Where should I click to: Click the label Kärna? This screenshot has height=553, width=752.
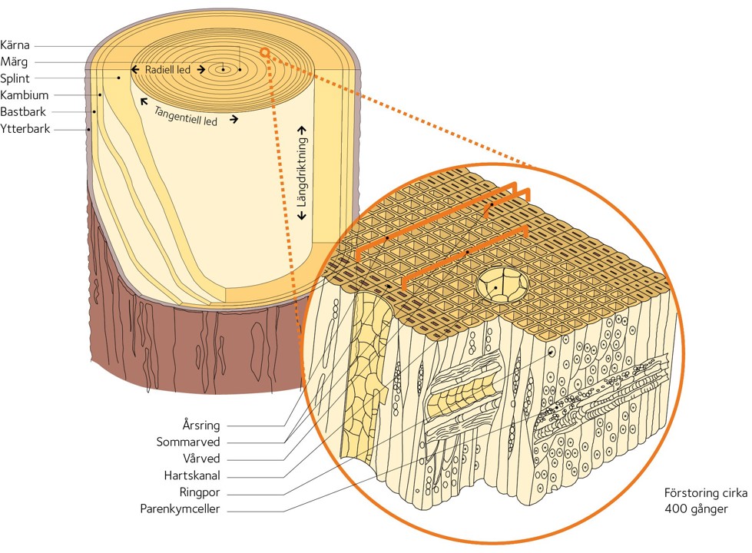pos(16,45)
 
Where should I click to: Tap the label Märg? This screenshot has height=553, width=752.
pos(16,62)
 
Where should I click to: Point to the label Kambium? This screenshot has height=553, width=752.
pos(25,95)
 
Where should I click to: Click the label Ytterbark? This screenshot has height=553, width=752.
pos(25,129)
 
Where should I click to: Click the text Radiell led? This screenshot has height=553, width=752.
pos(167,70)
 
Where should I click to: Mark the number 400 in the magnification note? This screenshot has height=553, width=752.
pos(677,509)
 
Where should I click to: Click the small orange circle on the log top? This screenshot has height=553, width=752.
pos(264,52)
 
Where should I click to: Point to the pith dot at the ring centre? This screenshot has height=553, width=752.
pos(224,70)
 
